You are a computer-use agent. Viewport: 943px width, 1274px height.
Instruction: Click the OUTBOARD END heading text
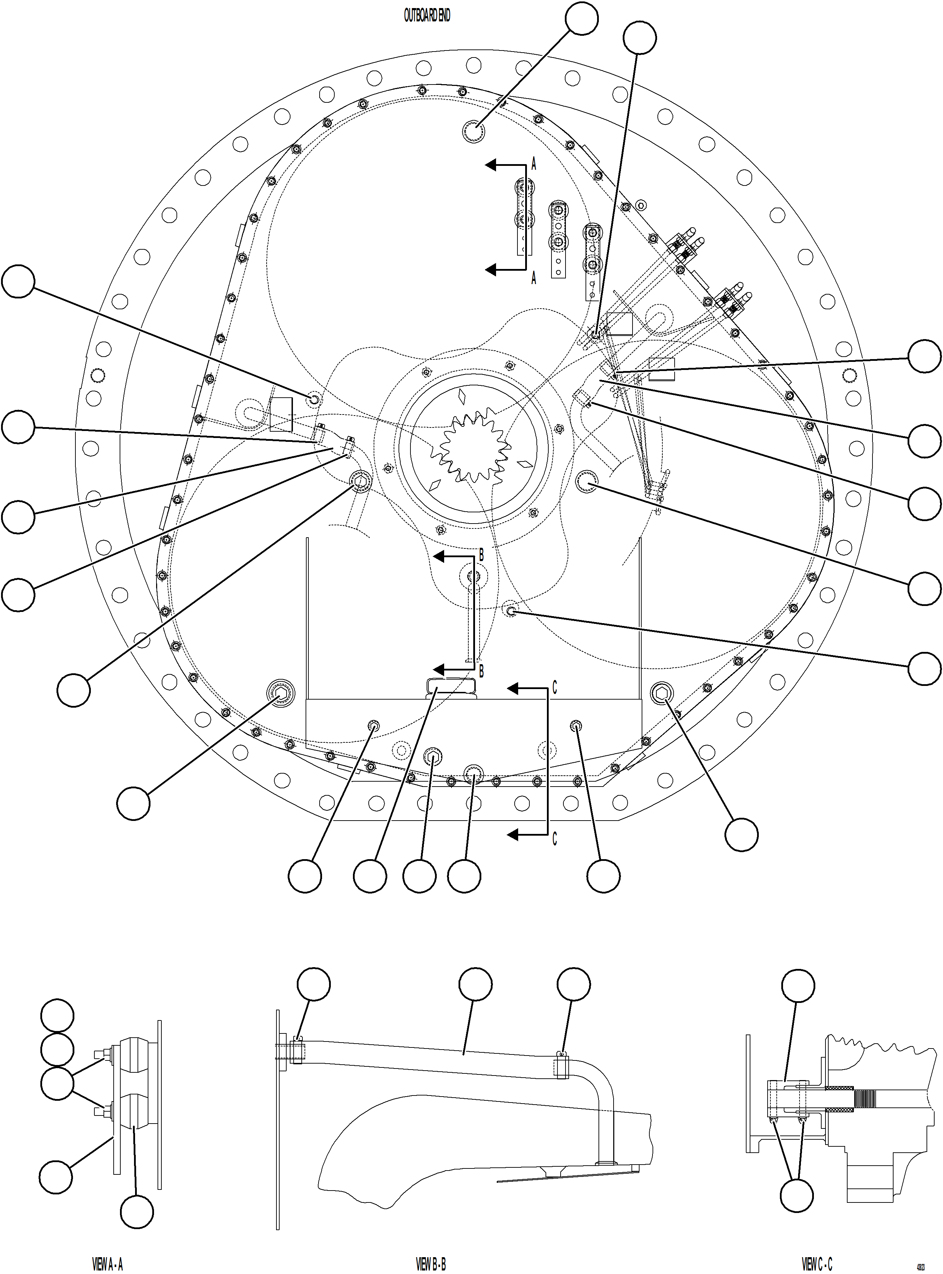(x=427, y=16)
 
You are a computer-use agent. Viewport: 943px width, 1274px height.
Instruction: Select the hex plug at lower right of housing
(x=662, y=694)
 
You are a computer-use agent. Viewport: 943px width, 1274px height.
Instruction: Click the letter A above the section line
(x=534, y=164)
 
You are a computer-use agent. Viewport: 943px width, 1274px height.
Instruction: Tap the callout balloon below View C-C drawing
(x=796, y=1195)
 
